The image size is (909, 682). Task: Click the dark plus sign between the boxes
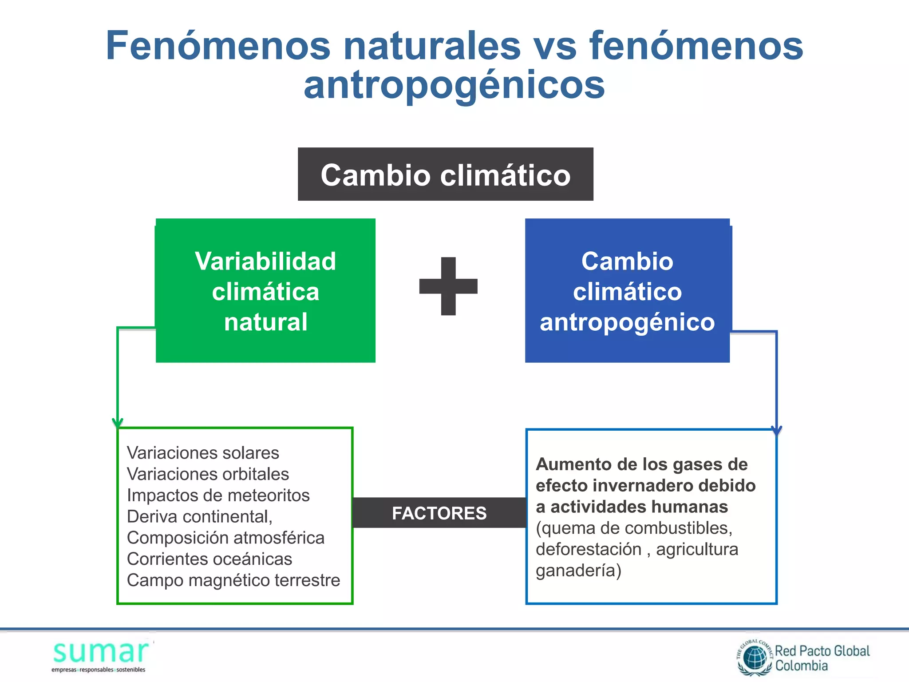click(x=448, y=286)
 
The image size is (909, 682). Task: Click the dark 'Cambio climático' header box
click(x=445, y=174)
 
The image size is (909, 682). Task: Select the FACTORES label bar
click(x=439, y=513)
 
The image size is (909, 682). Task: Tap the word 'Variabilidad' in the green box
click(x=265, y=261)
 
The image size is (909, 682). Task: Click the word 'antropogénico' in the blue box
click(x=627, y=322)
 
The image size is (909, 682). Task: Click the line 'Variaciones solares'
click(x=203, y=453)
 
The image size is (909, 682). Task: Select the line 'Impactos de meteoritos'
click(x=218, y=496)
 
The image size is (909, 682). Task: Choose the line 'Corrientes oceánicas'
click(x=209, y=559)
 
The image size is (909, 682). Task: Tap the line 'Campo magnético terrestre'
click(x=233, y=580)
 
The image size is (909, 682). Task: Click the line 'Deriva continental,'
click(x=200, y=517)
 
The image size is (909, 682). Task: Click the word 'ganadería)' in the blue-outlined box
click(x=578, y=571)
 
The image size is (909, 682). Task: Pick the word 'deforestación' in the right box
click(x=589, y=549)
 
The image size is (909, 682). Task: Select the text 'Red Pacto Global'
click(x=822, y=651)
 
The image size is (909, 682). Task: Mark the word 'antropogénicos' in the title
click(x=454, y=85)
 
